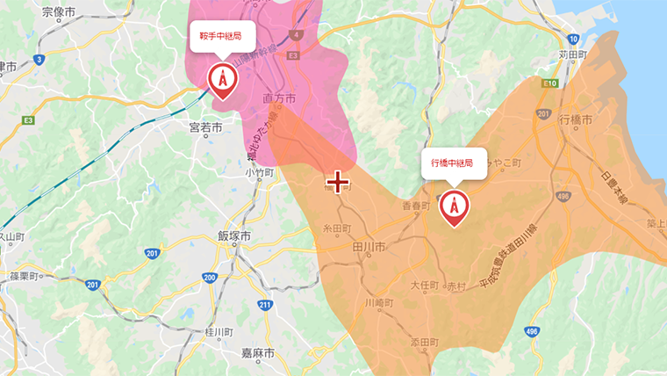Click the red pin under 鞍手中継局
[222, 80]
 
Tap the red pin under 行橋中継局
[454, 206]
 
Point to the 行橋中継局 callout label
[454, 163]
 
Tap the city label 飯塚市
[234, 236]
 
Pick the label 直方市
[279, 97]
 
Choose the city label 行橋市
[576, 119]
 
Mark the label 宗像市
[59, 12]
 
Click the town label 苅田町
[571, 54]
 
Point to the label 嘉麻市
[258, 352]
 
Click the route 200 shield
[209, 278]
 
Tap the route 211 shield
[265, 305]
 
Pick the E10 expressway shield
[551, 83]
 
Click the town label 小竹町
[261, 173]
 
